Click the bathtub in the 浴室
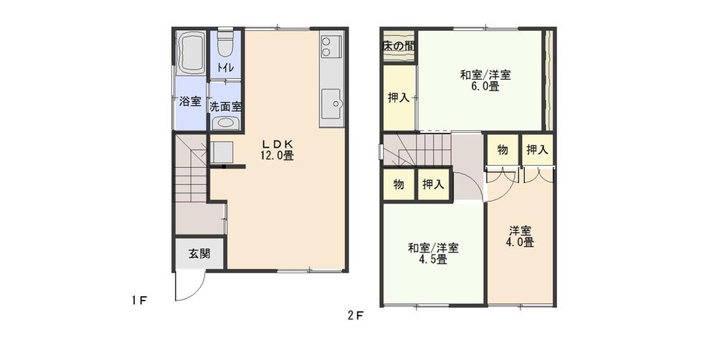(191, 53)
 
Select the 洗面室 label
(225, 105)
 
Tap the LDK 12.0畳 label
(278, 148)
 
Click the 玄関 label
(199, 253)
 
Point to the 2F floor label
(356, 314)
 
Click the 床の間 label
(399, 46)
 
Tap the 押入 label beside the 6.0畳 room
(399, 98)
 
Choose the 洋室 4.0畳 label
(521, 237)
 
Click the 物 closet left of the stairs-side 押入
(399, 185)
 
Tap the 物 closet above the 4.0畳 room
(503, 150)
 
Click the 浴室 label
(190, 102)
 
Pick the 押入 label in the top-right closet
(537, 150)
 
